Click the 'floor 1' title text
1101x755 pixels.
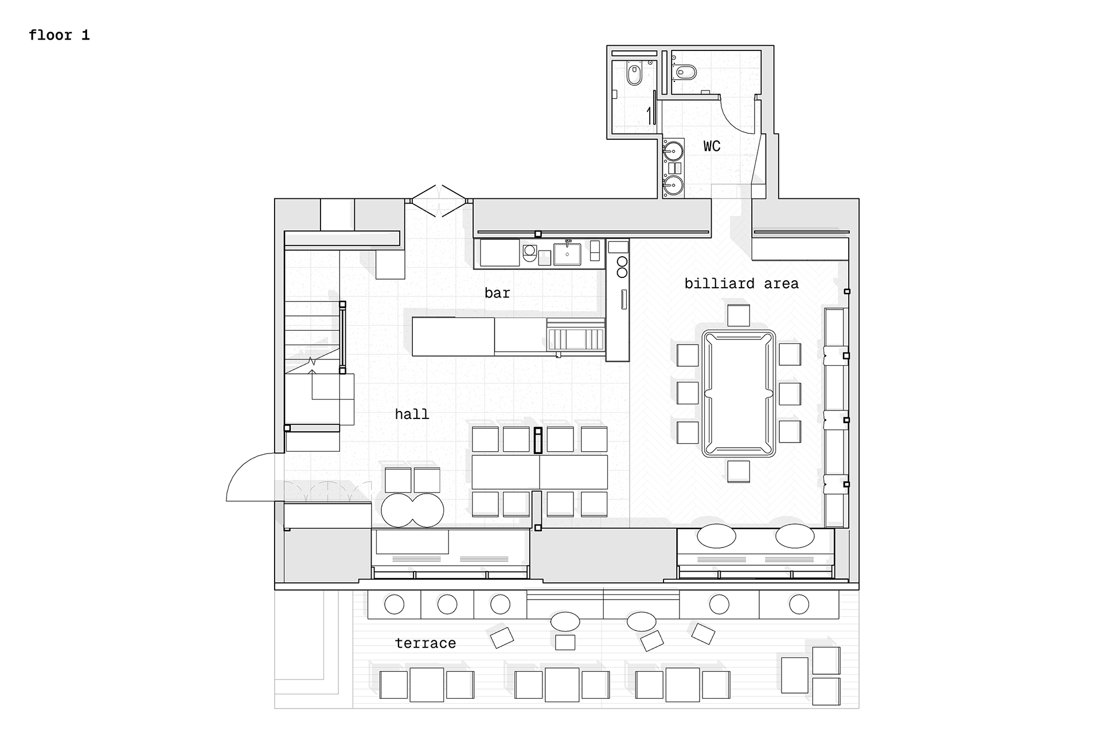point(59,36)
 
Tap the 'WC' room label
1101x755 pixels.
point(712,146)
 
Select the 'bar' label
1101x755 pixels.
point(497,293)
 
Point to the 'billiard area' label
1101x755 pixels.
point(741,283)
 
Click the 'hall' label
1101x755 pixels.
point(412,414)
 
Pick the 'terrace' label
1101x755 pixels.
point(425,643)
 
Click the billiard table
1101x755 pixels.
point(739,394)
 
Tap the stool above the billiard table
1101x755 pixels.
point(739,315)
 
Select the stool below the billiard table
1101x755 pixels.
point(739,471)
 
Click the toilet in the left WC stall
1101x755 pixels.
point(634,75)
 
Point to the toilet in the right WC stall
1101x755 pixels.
point(686,72)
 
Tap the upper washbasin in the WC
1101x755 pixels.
point(673,151)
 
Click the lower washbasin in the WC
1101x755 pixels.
point(673,185)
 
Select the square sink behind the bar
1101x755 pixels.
point(567,254)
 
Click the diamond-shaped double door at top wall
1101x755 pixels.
point(439,201)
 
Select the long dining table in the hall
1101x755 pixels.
point(540,472)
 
